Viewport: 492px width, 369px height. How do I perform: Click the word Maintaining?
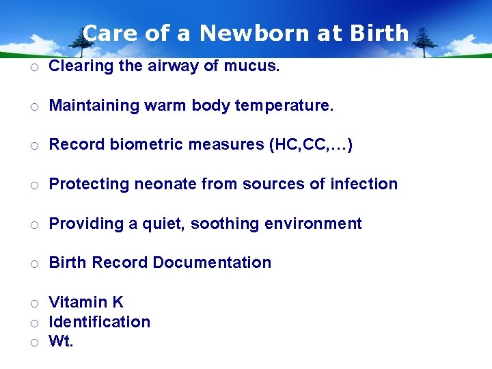point(92,106)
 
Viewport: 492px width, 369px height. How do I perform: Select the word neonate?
point(161,184)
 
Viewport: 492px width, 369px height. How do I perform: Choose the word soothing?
point(215,223)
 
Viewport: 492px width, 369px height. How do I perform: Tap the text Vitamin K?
point(86,302)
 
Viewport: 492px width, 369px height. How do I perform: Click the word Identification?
point(100,322)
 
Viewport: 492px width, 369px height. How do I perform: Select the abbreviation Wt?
point(61,342)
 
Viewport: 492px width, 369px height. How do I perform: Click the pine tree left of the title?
point(83,42)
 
